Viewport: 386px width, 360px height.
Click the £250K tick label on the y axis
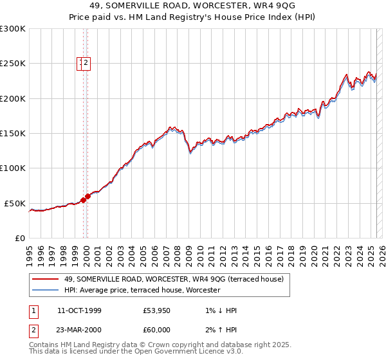click(13, 64)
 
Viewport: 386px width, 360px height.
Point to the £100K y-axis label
click(13, 168)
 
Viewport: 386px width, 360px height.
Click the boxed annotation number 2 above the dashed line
click(86, 63)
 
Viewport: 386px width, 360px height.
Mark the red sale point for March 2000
click(88, 196)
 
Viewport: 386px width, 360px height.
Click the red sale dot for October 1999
click(83, 201)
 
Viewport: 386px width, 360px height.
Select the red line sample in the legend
click(45, 279)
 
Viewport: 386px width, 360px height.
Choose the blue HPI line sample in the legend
click(45, 290)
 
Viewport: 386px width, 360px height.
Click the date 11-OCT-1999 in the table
click(79, 310)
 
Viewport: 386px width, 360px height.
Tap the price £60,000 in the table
click(156, 330)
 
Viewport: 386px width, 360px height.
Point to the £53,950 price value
click(156, 310)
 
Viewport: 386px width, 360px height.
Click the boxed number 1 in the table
click(33, 310)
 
